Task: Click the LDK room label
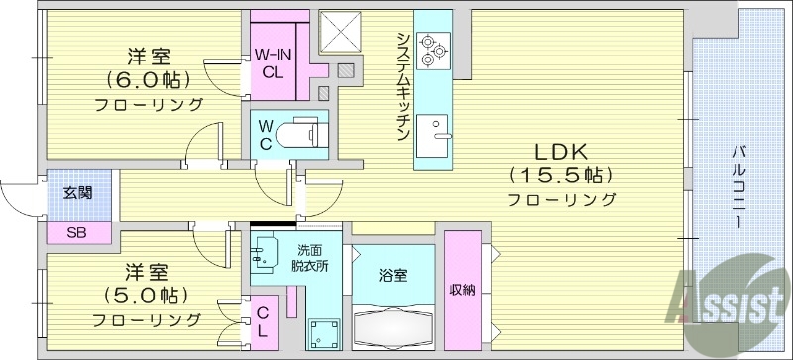pos(562,152)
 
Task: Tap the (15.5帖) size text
pos(562,176)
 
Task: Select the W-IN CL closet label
pos(271,63)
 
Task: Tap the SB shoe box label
pos(76,233)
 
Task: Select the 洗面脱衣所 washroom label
pos(310,258)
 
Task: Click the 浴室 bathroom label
pos(393,276)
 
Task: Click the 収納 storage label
pos(462,290)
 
